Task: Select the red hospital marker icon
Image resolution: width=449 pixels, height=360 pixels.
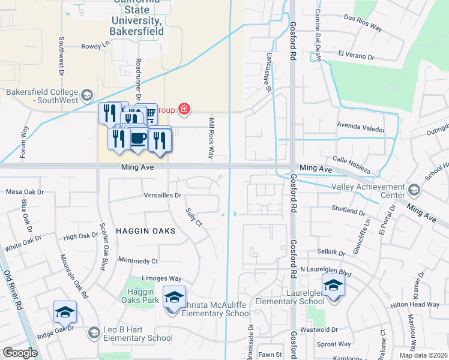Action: (184, 109)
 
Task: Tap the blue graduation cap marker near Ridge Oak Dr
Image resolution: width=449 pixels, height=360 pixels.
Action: (65, 311)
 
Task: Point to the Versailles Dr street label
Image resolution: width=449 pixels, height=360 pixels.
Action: (163, 196)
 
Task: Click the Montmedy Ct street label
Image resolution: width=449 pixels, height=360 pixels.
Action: (137, 261)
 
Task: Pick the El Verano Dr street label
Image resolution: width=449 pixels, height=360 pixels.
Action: (356, 55)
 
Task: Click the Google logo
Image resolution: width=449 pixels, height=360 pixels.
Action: (20, 353)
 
